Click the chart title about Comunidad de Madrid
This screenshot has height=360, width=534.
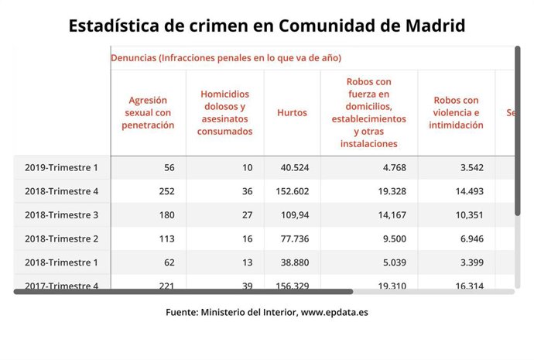click(x=267, y=26)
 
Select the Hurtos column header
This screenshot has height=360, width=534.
click(x=292, y=113)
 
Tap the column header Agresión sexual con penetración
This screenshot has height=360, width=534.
click(x=148, y=113)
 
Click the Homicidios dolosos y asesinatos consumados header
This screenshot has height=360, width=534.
click(x=226, y=113)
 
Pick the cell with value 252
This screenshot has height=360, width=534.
click(x=165, y=191)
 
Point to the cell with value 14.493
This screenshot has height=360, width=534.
click(x=467, y=191)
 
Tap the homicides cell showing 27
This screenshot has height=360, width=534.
click(x=247, y=215)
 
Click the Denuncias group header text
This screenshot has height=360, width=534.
click(x=226, y=58)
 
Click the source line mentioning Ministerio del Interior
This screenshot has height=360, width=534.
click(x=267, y=312)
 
